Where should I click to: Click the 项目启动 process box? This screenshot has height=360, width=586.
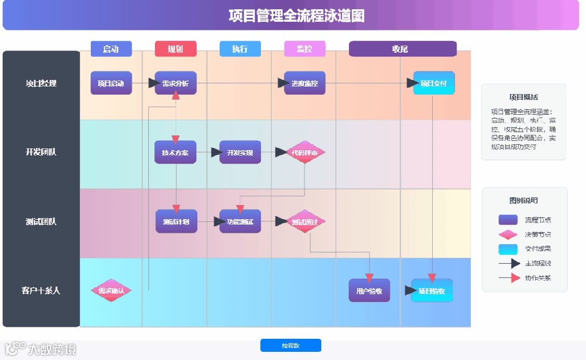click(111, 83)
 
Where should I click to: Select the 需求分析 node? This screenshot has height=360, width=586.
click(176, 83)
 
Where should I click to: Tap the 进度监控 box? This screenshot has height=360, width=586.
click(305, 83)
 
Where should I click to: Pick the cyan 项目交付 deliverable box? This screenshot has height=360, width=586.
click(434, 83)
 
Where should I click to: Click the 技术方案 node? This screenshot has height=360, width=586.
click(176, 152)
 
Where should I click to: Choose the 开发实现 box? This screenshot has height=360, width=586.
click(240, 152)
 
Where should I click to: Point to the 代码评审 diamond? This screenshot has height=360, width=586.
click(305, 152)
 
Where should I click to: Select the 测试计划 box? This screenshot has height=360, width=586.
click(176, 221)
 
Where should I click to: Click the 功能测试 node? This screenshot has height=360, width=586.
click(240, 221)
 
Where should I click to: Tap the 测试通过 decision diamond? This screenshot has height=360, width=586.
click(305, 221)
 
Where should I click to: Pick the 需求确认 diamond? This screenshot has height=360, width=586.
click(111, 290)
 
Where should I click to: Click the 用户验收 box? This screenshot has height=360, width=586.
click(370, 290)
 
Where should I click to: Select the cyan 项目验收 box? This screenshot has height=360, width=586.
click(432, 290)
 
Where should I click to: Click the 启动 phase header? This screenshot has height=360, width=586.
click(111, 49)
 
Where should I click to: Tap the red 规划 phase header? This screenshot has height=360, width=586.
click(176, 49)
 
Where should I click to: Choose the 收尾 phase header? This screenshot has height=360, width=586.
click(402, 49)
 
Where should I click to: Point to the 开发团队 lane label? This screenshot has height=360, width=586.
click(41, 152)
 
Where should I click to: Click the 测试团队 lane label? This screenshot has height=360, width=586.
click(41, 221)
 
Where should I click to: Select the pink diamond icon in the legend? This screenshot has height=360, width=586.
click(508, 234)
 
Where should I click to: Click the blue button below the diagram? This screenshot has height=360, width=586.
click(291, 345)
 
